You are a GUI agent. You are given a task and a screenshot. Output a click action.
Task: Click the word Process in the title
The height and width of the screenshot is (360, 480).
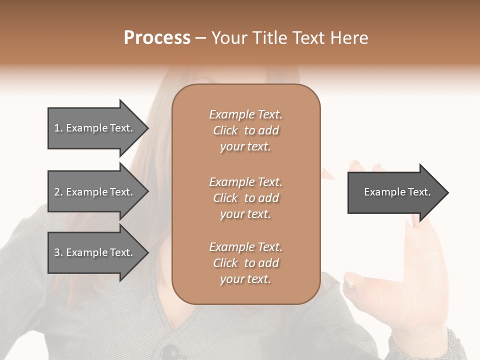157,38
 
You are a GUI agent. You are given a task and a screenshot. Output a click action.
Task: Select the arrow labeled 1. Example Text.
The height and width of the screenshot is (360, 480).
93,128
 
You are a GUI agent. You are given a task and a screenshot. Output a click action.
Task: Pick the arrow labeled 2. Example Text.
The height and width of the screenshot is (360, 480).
93,192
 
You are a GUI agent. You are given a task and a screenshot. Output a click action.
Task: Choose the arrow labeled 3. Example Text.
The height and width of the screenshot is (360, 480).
93,252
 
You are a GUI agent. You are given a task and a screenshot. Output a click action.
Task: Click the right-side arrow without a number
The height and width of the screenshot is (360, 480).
395,192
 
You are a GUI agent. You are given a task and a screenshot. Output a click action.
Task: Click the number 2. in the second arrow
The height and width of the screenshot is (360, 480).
58,192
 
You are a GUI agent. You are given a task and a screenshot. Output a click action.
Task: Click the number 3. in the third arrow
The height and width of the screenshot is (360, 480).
58,252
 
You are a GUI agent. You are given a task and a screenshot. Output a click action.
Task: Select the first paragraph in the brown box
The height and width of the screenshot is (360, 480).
245,130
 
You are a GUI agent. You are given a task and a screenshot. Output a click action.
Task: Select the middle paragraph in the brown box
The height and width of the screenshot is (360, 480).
245,198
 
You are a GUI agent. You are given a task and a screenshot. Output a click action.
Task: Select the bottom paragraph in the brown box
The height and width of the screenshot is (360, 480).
245,263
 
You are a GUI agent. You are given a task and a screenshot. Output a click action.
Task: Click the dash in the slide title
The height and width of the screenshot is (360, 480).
200,38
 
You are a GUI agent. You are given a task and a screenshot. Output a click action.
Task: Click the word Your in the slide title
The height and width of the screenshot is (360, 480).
228,38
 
